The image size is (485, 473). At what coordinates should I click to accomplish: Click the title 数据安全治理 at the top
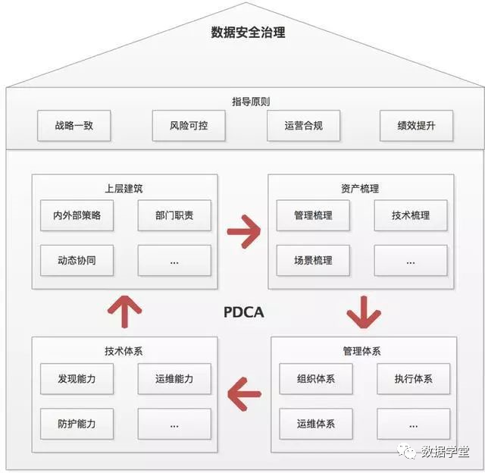pos(248,33)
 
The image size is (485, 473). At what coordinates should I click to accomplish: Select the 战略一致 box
pos(74,126)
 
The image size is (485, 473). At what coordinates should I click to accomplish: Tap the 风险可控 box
pos(189,126)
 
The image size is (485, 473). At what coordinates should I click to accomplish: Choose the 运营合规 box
pos(303,126)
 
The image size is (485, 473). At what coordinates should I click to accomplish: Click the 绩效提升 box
pos(416,126)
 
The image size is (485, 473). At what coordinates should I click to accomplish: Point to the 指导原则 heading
pos(250,101)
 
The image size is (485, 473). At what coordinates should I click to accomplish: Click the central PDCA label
pos(244,312)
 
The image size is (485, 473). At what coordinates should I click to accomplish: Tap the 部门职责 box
pos(174,215)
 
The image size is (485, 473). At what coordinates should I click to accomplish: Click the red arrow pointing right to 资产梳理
pos(243,233)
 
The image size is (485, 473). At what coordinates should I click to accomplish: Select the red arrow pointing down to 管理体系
pos(363,312)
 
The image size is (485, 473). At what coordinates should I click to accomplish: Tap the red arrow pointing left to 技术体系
pos(244,394)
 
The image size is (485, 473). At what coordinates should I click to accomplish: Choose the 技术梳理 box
pos(411,215)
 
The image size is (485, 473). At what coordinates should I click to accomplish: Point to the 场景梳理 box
pos(313,261)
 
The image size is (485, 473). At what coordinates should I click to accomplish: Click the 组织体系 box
pos(316,378)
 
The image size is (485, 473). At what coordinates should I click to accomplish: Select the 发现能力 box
pos(76,378)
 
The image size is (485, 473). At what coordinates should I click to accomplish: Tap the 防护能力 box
pos(76,424)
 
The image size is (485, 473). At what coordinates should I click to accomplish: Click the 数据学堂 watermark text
pos(445,452)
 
